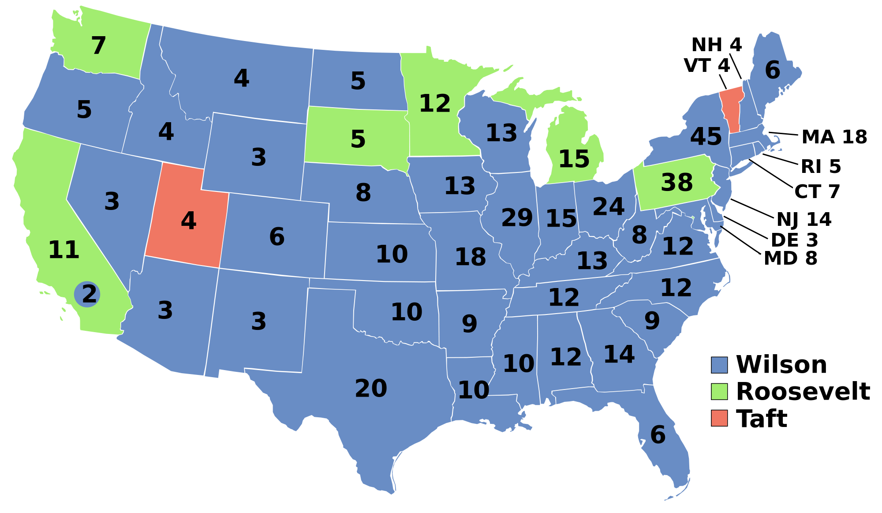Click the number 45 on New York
(706, 137)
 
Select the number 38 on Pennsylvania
(676, 182)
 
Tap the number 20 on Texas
(371, 389)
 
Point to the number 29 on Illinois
(517, 218)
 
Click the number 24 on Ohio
(608, 206)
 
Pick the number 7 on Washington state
(98, 46)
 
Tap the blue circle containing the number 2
(88, 294)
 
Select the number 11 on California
(64, 250)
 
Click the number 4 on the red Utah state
(188, 221)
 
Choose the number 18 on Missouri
(470, 257)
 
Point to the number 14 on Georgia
(619, 355)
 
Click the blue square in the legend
(719, 365)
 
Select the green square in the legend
(719, 392)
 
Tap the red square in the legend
(719, 418)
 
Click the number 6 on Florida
(658, 435)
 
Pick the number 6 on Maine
(772, 71)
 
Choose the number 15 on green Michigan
(574, 159)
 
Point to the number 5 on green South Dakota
(358, 139)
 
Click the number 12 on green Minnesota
(434, 104)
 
